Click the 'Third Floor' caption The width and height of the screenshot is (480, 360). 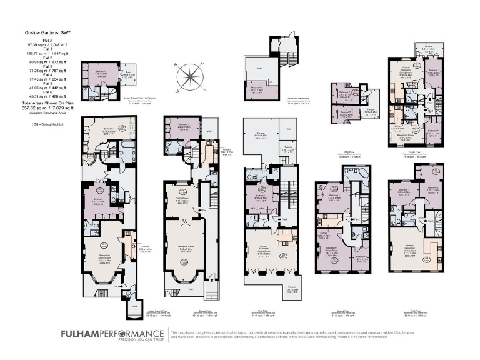412,296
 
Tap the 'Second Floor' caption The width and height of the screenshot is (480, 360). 342,296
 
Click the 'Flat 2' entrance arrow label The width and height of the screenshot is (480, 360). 284,219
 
